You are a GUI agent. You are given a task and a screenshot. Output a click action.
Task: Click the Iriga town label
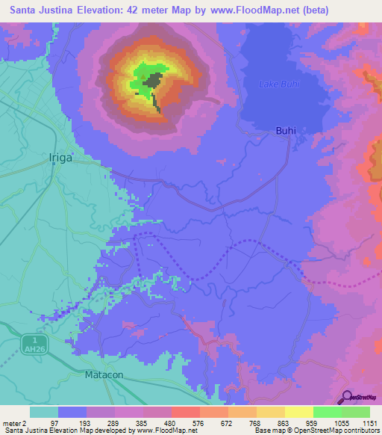pos(63,158)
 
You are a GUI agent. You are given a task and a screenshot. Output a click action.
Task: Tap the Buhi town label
pos(286,131)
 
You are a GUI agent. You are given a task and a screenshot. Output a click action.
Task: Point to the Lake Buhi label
pos(279,84)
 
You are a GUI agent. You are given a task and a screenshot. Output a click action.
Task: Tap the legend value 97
pos(54,423)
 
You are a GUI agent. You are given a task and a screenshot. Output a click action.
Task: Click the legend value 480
pos(170,423)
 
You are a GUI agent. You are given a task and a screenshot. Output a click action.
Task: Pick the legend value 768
pos(255,423)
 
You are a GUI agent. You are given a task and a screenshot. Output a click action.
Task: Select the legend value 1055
pos(341,423)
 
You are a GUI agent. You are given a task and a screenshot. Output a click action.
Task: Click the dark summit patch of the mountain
pos(154,81)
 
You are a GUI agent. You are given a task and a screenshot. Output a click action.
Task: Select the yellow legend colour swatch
pos(298,412)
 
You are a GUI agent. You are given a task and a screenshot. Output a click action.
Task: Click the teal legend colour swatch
pos(43,412)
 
